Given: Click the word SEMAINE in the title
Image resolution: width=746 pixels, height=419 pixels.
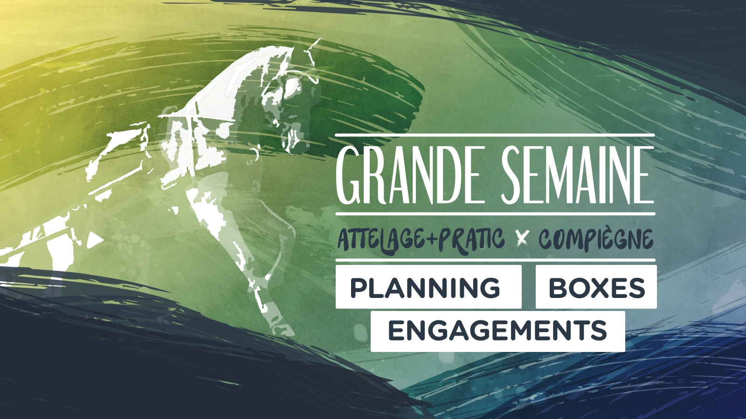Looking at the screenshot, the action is point(577,175).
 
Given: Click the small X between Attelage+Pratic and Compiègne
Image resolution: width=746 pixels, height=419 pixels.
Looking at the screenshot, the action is point(522,239).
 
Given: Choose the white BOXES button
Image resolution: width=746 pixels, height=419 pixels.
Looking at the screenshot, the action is point(596,287).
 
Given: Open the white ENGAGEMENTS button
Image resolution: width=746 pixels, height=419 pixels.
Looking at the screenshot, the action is point(498,331).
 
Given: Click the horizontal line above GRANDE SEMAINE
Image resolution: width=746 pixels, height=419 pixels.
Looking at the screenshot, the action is point(495,135).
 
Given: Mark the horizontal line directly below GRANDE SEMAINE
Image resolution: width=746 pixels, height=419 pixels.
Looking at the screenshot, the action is point(495,214).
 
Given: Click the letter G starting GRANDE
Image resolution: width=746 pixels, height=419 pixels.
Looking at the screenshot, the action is point(348,175).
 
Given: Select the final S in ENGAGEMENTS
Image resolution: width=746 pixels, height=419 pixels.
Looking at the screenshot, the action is point(599,331).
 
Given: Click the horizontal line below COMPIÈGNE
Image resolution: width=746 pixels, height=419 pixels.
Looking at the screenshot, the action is point(495,260).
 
